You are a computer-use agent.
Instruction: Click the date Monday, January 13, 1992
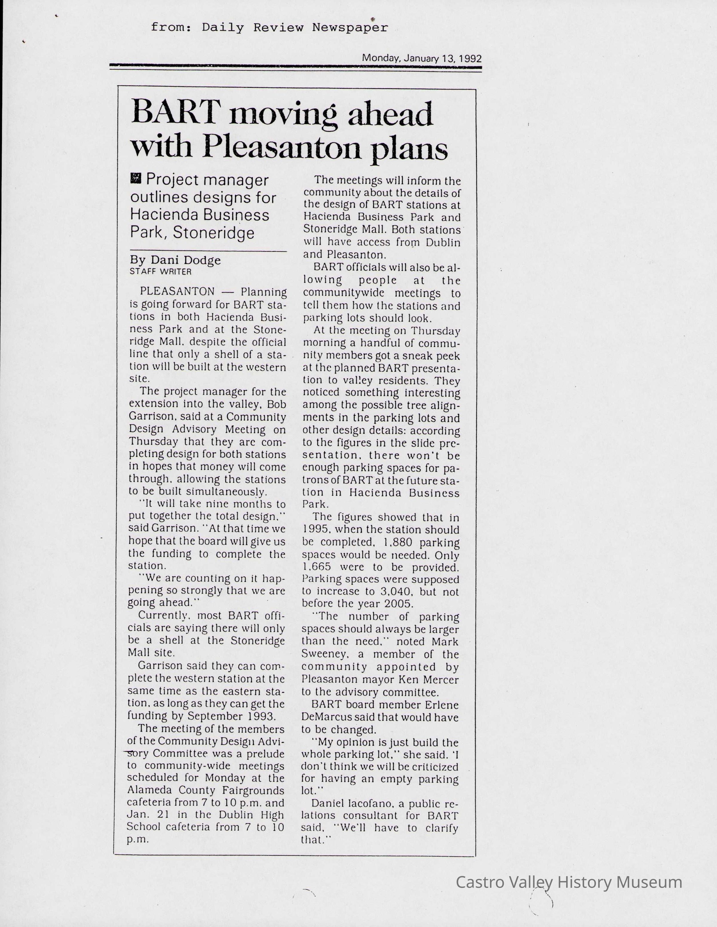pos(422,58)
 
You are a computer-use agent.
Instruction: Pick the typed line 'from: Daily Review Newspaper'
pos(269,28)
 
